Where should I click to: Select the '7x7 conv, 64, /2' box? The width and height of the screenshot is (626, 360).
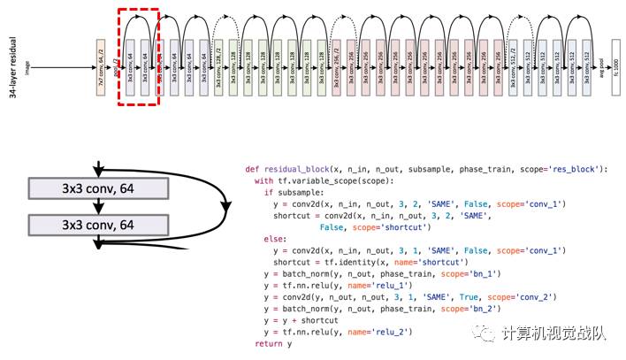(102, 65)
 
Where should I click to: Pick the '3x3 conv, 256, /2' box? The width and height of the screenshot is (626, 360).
(337, 65)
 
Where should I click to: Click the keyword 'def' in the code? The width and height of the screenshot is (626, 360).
(251, 168)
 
